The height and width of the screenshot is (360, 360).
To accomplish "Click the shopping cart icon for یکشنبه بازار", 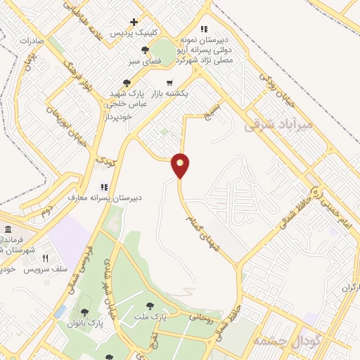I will tap(169, 82).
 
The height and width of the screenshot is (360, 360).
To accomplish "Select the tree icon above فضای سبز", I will tap(145, 50).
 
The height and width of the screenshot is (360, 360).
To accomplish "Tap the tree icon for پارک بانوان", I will tap(84, 312).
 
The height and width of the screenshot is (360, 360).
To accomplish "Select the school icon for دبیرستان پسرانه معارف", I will tap(103, 187).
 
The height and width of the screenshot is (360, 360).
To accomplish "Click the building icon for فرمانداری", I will tap(8, 231).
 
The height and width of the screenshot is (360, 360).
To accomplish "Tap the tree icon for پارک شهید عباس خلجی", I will tap(127, 82).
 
